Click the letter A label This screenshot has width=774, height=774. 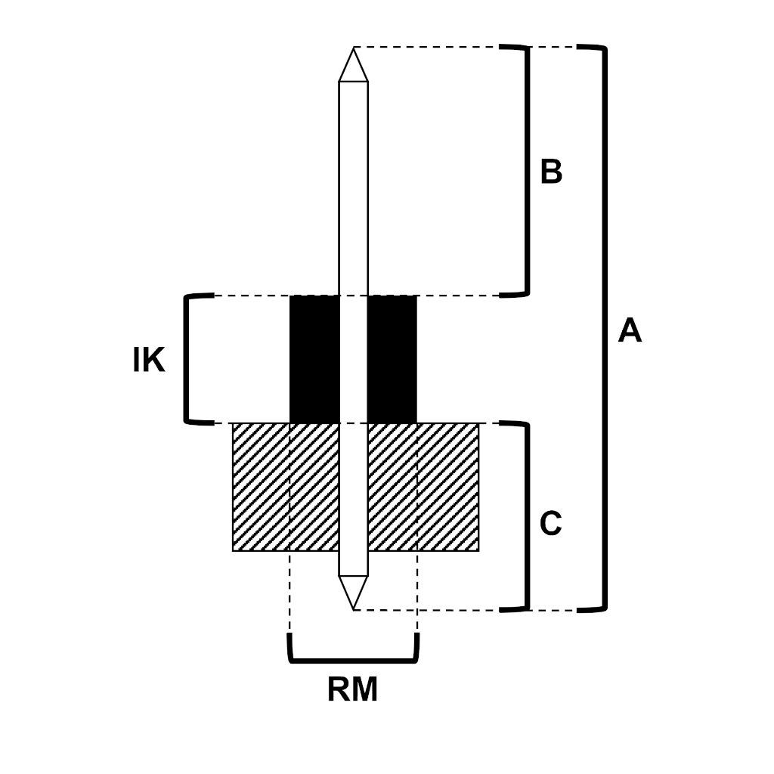pyautogui.click(x=629, y=331)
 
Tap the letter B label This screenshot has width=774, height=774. pyautogui.click(x=551, y=172)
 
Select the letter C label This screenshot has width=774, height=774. pyautogui.click(x=551, y=524)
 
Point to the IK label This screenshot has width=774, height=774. pyautogui.click(x=148, y=361)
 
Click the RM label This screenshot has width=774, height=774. pyautogui.click(x=352, y=690)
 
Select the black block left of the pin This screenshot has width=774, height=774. pyautogui.click(x=314, y=359)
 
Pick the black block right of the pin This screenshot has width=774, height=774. pyautogui.click(x=392, y=359)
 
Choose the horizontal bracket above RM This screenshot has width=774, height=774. pyautogui.click(x=353, y=660)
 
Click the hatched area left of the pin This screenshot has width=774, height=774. pyautogui.click(x=285, y=487)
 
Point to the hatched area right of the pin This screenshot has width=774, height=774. pyautogui.click(x=423, y=487)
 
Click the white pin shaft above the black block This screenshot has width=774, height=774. pyautogui.click(x=353, y=189)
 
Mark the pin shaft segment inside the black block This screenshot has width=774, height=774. pyautogui.click(x=353, y=359)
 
